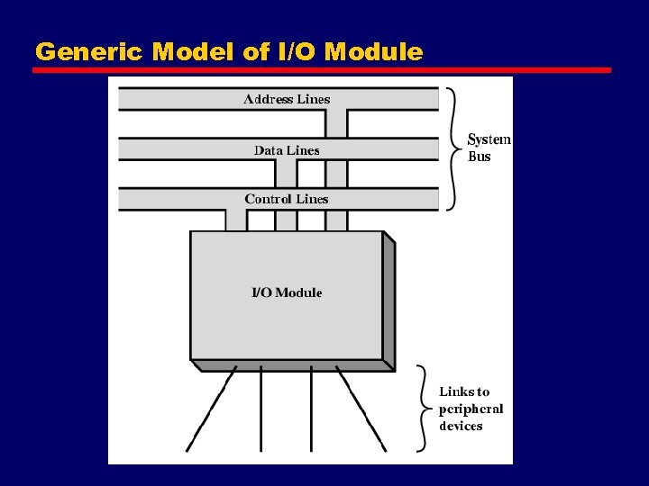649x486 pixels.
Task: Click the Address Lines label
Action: (x=287, y=99)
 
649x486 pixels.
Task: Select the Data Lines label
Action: (x=287, y=150)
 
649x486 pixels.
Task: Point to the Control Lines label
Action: (x=287, y=199)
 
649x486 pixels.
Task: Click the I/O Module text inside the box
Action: (x=286, y=292)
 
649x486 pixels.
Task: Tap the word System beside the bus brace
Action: (x=489, y=139)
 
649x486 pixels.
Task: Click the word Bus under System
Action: (x=480, y=157)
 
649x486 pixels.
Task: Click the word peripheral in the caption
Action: (x=471, y=409)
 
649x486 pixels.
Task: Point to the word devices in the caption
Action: (x=461, y=426)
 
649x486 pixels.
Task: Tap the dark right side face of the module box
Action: (x=389, y=301)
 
